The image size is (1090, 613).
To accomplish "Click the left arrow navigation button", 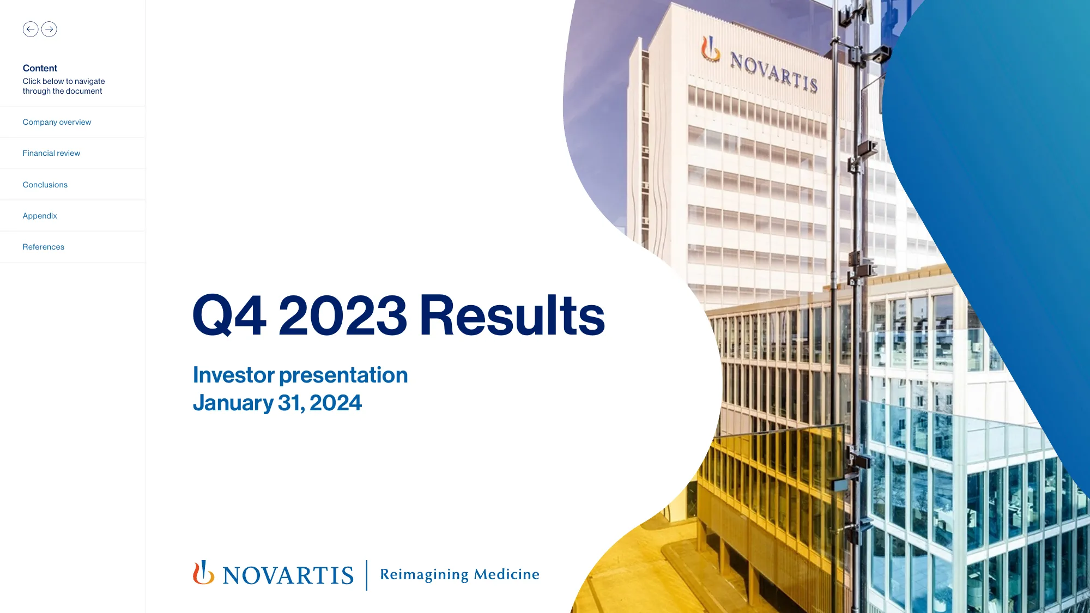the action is point(31,29).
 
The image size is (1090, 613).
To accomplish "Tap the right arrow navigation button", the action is point(49,29).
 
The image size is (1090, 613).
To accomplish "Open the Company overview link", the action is point(57,122).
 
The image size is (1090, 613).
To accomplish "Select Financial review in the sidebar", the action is point(51,153).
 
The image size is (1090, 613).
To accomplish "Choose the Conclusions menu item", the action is point(45,185).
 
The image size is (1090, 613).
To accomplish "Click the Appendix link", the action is point(40,216).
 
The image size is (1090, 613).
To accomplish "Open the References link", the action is point(44,247).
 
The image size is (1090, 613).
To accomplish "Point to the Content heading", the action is point(40,68).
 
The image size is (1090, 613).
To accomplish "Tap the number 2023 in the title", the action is point(343,315).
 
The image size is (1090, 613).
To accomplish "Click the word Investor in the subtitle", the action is point(234,375).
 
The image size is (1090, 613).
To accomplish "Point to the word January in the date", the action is point(233,404).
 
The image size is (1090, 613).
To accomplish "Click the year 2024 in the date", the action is point(336,403).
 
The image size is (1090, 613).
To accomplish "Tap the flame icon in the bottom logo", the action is point(203,573).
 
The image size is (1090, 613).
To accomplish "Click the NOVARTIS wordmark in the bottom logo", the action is point(288,576).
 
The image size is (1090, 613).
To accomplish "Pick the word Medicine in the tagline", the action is point(507,574).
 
